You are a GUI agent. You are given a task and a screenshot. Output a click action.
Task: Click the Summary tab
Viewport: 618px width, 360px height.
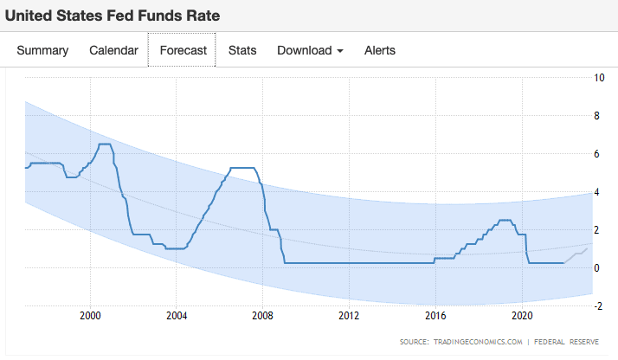[42, 50]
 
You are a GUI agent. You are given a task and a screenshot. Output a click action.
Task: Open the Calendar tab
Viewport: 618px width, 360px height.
[113, 50]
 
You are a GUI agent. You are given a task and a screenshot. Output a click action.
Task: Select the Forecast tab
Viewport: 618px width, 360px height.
[182, 50]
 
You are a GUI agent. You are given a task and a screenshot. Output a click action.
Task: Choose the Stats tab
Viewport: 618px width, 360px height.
[242, 50]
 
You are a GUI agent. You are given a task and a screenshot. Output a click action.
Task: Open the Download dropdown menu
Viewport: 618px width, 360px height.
[310, 50]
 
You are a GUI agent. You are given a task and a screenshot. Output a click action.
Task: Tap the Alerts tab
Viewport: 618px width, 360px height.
[380, 50]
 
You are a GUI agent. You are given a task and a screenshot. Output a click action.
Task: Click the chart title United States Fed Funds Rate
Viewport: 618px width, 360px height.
[113, 15]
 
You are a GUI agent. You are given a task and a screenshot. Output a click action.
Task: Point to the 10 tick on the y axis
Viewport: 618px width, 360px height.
[599, 78]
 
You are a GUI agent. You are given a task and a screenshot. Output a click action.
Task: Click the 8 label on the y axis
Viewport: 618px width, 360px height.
[598, 116]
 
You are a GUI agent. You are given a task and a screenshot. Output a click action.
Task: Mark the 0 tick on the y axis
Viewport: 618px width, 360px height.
[598, 267]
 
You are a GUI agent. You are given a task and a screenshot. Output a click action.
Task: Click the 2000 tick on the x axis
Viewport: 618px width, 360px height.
[91, 315]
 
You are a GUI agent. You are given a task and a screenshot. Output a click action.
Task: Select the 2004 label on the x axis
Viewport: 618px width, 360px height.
[177, 315]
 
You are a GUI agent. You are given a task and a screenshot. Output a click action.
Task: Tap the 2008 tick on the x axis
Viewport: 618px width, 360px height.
[263, 315]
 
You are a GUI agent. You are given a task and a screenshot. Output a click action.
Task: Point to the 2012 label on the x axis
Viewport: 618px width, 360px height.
[350, 315]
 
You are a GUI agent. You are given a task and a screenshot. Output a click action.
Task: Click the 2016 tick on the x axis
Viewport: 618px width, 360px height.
[436, 315]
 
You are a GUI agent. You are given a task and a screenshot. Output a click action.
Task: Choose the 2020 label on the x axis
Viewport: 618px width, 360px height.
[523, 315]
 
